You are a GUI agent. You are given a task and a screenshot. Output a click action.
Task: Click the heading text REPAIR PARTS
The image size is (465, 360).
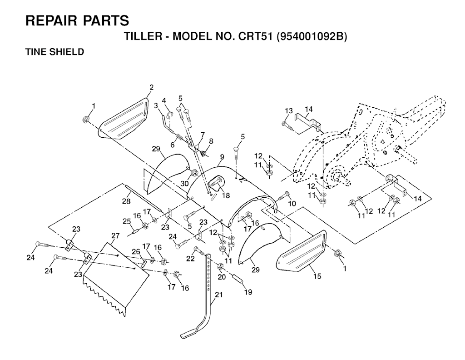[x=77, y=21]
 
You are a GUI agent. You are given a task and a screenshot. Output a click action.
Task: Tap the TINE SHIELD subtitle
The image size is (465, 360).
[x=54, y=52]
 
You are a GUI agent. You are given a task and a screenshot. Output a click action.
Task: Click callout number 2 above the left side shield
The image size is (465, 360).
[x=152, y=87]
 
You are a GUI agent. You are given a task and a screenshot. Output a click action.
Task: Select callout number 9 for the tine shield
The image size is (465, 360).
[x=222, y=157]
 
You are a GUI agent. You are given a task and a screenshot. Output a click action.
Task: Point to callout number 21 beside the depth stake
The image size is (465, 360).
[x=218, y=295]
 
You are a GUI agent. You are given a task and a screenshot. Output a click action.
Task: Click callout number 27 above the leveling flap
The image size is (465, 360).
[x=115, y=235]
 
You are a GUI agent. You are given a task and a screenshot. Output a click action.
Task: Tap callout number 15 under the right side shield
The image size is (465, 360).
[x=317, y=276]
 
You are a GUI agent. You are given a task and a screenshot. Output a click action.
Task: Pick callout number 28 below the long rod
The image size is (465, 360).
[x=126, y=201]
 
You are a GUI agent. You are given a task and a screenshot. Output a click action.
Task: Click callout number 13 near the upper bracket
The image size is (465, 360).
[x=288, y=111]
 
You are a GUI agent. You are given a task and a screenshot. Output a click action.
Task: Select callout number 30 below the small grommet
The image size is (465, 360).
[x=184, y=184]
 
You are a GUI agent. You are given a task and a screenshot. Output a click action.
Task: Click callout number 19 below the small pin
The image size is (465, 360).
[x=248, y=292]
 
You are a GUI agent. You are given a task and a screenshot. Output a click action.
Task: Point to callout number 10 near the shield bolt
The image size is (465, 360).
[x=292, y=203]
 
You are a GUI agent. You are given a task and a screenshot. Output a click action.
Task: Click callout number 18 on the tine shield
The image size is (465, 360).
[x=226, y=195]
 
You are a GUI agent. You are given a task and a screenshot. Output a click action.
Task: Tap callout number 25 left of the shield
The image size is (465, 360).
[x=127, y=221]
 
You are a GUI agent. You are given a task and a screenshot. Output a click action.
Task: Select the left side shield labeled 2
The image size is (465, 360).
[x=124, y=119]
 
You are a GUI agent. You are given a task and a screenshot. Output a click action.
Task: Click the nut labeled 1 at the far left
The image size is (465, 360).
[x=86, y=120]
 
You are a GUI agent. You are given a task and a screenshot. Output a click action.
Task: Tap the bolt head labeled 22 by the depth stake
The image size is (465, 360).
[x=196, y=249]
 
